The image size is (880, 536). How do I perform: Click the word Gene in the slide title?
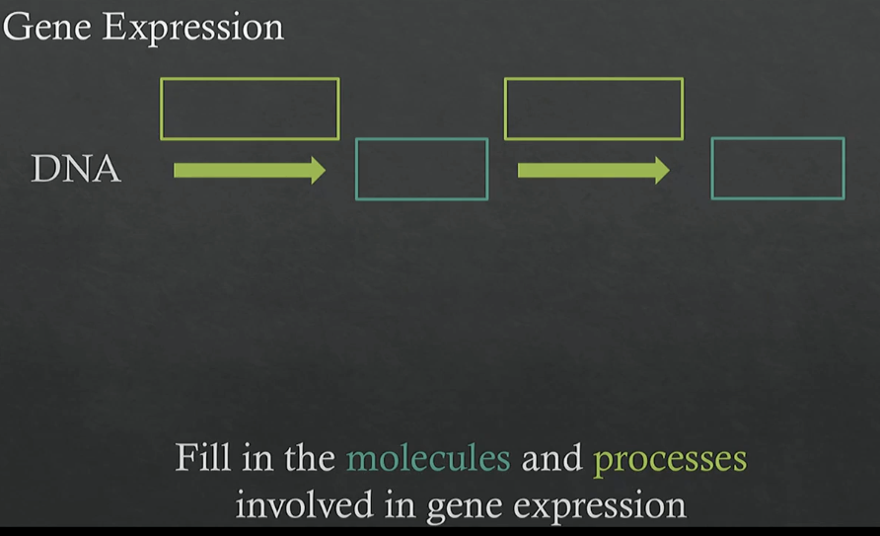click(x=46, y=27)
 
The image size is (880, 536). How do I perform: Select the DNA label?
click(x=76, y=169)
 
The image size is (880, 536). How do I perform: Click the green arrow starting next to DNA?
click(x=250, y=170)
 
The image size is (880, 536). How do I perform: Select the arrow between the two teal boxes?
click(x=594, y=170)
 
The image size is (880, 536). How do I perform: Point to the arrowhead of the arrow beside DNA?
click(x=325, y=170)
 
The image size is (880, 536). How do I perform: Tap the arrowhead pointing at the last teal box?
click(x=669, y=170)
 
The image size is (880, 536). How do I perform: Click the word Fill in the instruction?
click(x=203, y=457)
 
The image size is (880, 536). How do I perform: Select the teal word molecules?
click(x=429, y=457)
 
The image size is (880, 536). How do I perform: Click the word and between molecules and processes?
click(x=552, y=457)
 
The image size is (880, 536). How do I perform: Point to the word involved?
click(x=304, y=504)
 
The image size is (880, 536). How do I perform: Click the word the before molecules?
click(x=310, y=457)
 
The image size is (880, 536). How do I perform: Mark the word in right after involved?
click(x=400, y=504)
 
